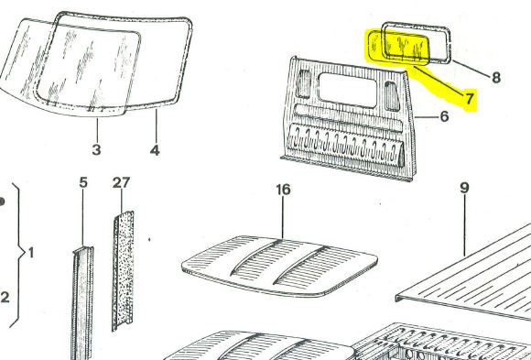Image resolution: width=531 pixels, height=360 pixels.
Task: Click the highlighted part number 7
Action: click(469, 99)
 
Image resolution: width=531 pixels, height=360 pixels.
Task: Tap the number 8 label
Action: click(496, 78)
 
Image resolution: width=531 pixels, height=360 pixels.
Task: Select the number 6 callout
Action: click(445, 116)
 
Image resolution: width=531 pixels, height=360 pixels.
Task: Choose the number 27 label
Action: click(121, 182)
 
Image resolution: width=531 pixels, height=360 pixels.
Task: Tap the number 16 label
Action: click(283, 190)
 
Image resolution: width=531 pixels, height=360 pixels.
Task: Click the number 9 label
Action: click(465, 188)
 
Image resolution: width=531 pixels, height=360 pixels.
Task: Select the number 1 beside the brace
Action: click(31, 253)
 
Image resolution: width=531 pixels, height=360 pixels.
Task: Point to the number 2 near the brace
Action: click(5, 298)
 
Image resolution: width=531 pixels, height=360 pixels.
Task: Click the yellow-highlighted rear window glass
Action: click(398, 48)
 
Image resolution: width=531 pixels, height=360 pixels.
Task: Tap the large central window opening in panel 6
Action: click(348, 90)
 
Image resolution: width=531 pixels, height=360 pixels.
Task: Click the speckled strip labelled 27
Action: click(123, 271)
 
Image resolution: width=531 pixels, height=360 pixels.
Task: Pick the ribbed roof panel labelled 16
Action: click(280, 267)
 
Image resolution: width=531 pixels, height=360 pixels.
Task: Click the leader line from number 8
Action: click(471, 69)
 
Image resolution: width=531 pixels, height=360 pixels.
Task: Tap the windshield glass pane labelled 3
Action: click(68, 68)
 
